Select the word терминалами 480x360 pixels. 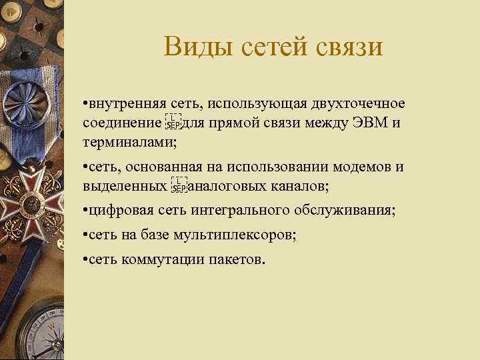click(126, 142)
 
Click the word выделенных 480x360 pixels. click(125, 185)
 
